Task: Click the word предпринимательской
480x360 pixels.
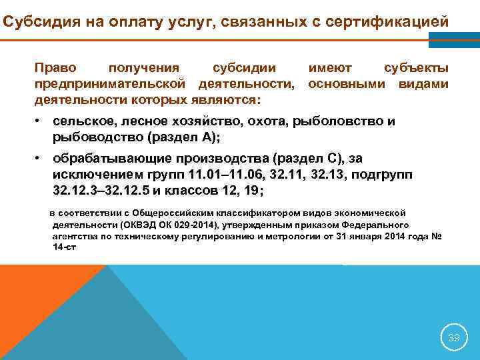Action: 109,84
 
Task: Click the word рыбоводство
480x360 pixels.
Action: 93,138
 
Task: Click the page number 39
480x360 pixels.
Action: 454,337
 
